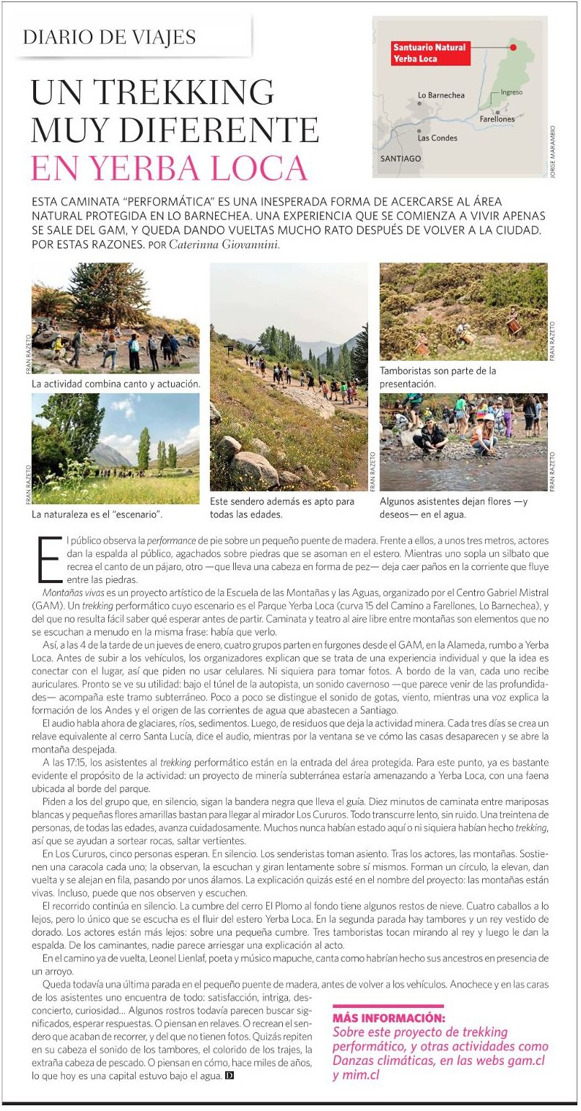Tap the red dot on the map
(513, 48)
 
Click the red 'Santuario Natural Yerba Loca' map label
(429, 53)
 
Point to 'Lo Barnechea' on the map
(441, 95)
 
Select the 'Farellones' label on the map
(497, 118)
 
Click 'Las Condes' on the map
(437, 137)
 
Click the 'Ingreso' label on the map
(511, 93)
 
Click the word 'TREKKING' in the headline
(184, 94)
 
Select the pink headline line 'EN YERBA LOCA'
(170, 167)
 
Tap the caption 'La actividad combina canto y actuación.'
(115, 385)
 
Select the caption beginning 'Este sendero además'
(282, 508)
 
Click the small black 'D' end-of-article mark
(230, 1076)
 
